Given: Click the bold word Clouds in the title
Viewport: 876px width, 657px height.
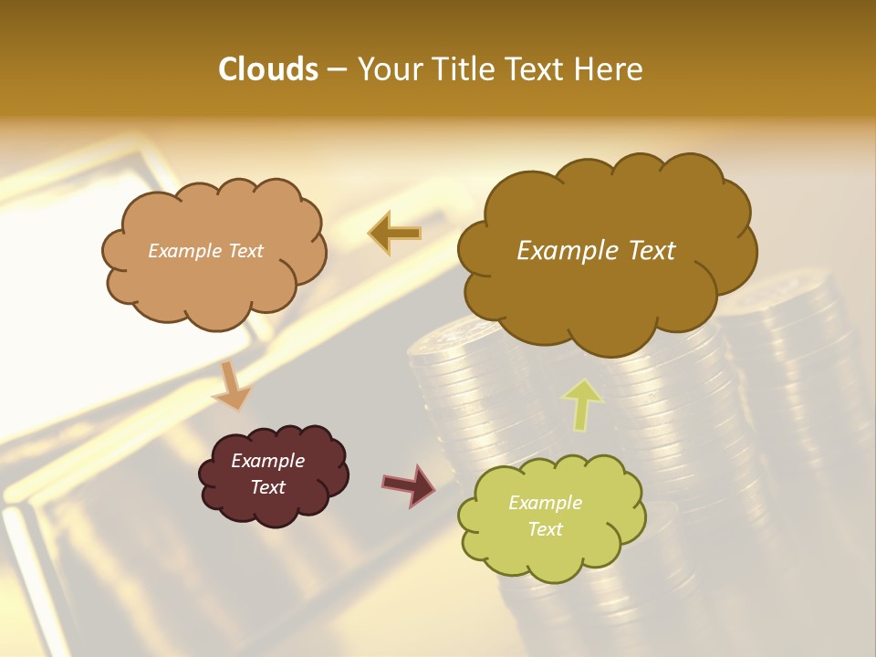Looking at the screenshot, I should click(268, 69).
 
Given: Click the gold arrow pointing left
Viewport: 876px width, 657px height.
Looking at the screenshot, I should click(394, 233).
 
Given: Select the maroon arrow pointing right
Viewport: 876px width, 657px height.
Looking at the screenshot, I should click(409, 485).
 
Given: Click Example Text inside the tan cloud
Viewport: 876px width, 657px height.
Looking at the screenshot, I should click(205, 251).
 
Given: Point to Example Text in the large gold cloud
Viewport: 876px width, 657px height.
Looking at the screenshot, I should click(596, 251).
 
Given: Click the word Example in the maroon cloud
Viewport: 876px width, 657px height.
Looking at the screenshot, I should click(267, 461).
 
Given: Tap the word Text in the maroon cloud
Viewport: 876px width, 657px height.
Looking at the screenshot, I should click(267, 487).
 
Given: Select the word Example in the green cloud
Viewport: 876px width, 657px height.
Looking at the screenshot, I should click(545, 503).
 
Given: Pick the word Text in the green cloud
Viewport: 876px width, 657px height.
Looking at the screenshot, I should click(545, 529).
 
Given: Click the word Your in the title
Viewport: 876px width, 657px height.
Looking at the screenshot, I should click(388, 69).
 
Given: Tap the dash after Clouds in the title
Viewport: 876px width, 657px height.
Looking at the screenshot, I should click(336, 69).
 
